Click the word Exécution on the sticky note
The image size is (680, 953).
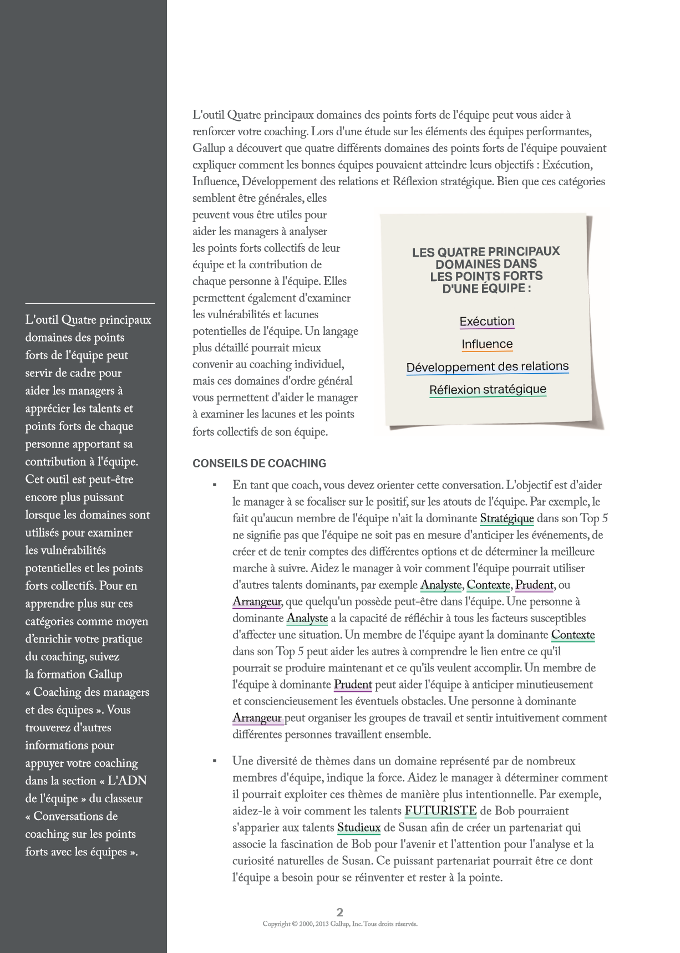click(x=486, y=322)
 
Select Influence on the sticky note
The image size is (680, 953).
click(x=487, y=344)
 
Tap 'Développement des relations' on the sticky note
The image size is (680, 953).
click(x=487, y=367)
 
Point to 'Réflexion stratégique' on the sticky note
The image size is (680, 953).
click(x=488, y=390)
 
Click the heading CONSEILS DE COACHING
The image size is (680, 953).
click(x=259, y=463)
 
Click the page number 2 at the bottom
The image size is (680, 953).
click(x=340, y=912)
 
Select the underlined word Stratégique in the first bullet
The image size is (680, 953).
click(x=506, y=518)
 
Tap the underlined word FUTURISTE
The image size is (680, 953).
click(x=440, y=811)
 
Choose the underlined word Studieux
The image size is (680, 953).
click(x=359, y=828)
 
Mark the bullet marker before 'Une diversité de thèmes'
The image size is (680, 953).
click(x=215, y=761)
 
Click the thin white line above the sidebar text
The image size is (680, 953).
click(x=90, y=303)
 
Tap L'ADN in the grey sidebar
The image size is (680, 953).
click(x=127, y=781)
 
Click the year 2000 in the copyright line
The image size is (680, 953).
click(x=306, y=924)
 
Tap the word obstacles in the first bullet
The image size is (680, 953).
click(x=421, y=701)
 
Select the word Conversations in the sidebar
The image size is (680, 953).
click(x=75, y=816)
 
